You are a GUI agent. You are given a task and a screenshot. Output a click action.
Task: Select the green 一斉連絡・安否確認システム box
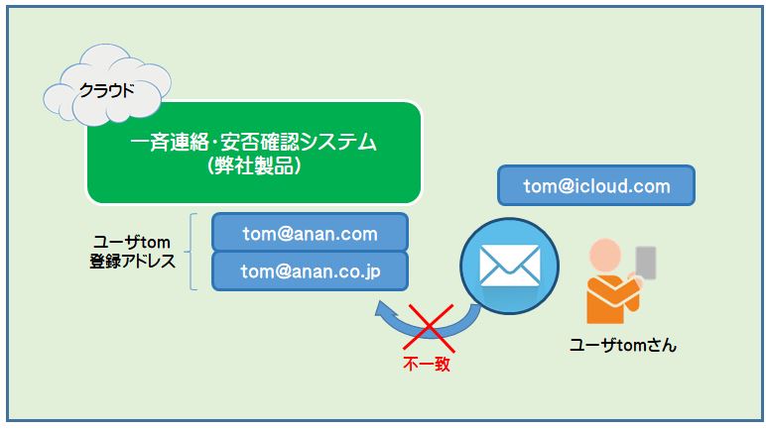click(254, 153)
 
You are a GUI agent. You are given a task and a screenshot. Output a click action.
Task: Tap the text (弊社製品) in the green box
click(254, 166)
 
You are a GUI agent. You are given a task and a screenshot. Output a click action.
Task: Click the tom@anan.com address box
click(310, 233)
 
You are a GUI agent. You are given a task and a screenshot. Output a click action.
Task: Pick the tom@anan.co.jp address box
click(310, 271)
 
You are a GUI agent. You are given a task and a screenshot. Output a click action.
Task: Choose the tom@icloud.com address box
click(596, 185)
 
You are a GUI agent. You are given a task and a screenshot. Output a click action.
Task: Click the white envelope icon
click(510, 266)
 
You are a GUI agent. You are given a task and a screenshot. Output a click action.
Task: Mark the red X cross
click(429, 328)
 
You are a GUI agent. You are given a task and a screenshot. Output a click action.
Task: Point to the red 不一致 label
click(427, 364)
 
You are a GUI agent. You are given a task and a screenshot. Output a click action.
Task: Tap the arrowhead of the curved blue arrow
click(382, 308)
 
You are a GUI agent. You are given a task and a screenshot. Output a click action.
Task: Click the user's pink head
click(605, 255)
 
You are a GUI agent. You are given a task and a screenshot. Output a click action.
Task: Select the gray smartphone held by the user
click(646, 264)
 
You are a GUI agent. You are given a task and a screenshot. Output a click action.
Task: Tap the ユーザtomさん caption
click(623, 345)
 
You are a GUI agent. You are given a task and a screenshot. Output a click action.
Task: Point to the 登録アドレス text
click(132, 261)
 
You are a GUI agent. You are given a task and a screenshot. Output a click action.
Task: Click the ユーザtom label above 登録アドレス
click(132, 242)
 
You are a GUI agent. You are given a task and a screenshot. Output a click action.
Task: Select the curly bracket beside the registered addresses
click(191, 252)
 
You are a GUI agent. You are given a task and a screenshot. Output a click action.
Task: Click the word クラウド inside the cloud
click(106, 90)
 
